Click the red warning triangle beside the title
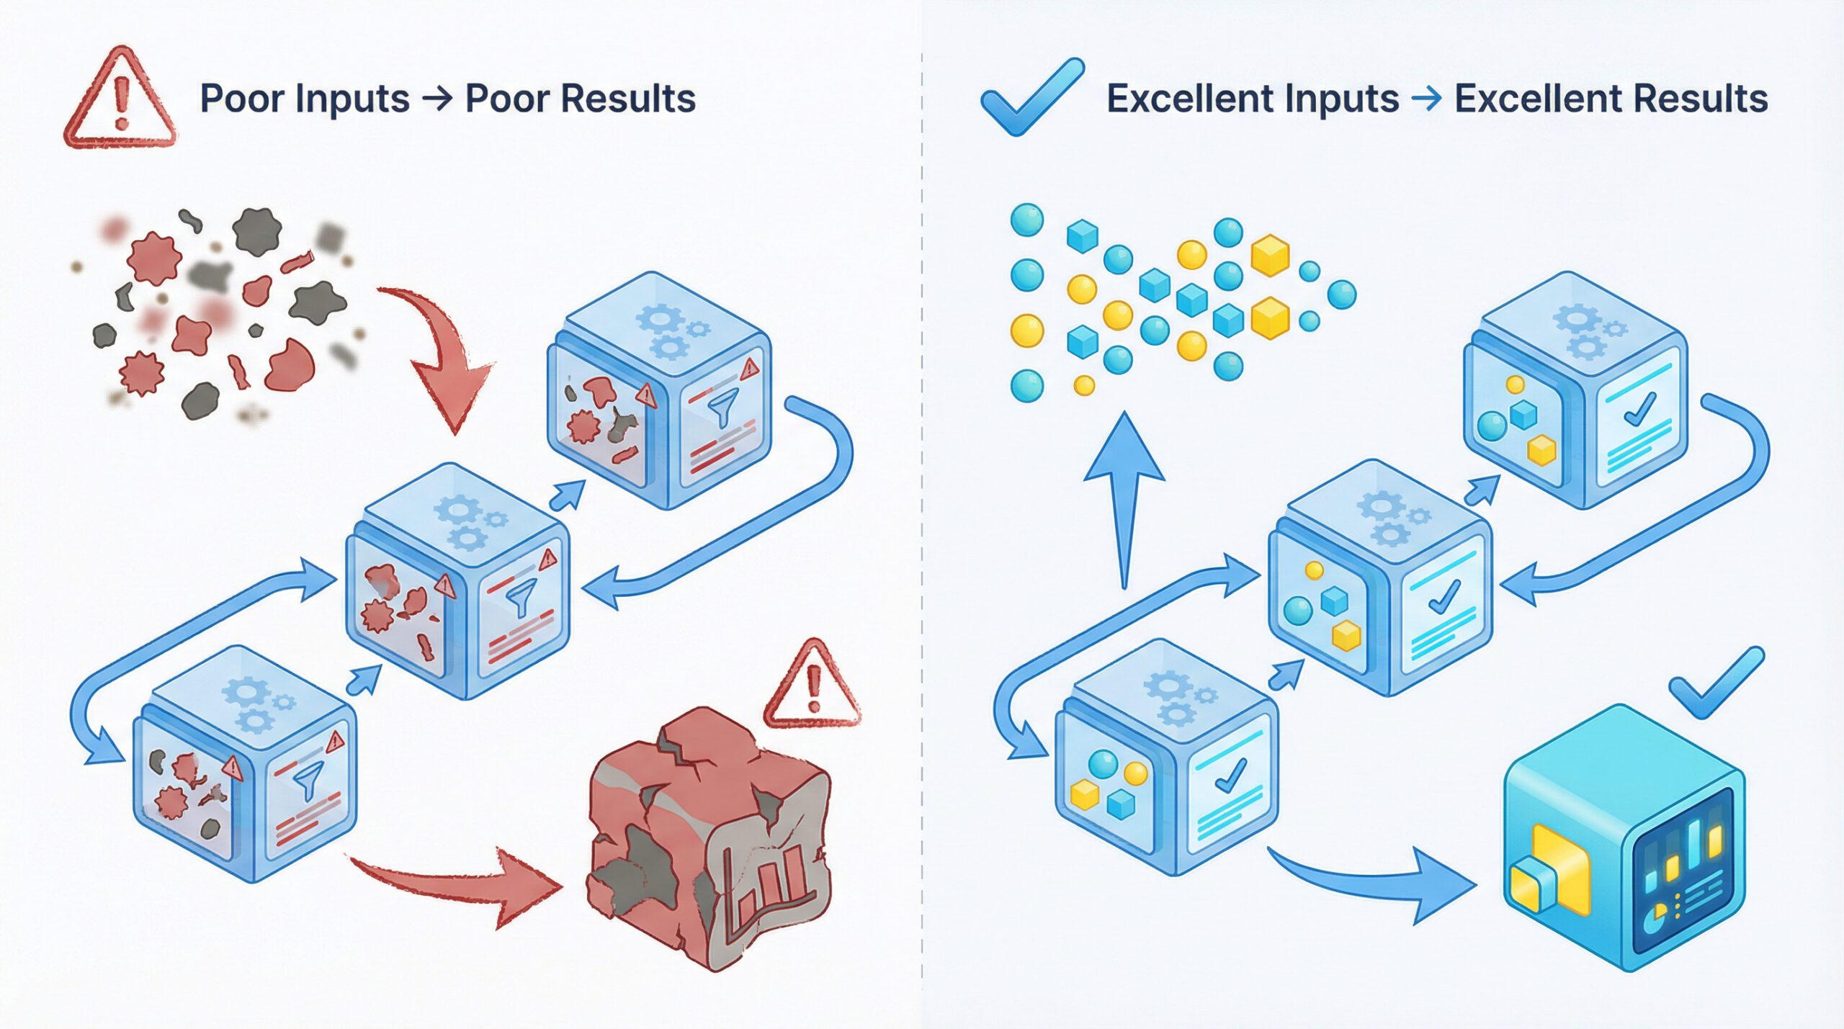pos(120,101)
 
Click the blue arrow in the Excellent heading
pos(1426,99)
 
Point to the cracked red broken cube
pos(710,835)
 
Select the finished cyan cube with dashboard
pos(1624,839)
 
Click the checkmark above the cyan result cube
pos(1714,684)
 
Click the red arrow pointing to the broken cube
pos(461,882)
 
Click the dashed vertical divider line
pos(922,504)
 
